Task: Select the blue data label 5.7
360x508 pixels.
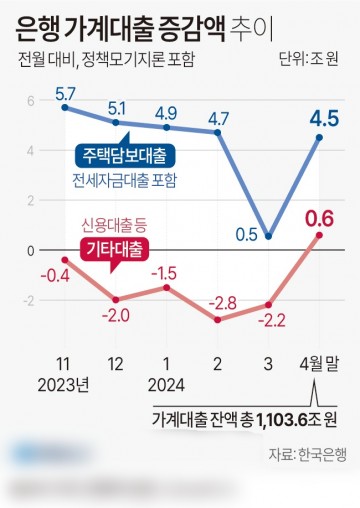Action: point(66,93)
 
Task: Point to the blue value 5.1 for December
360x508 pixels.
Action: point(117,108)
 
